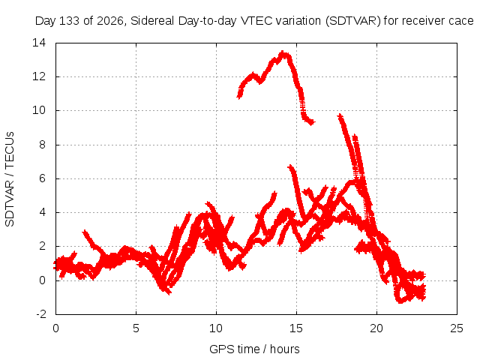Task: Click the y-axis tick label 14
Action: [39, 43]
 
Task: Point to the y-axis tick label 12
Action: [39, 76]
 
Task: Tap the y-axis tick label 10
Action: [39, 110]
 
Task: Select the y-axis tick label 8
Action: [42, 145]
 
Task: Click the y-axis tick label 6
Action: [42, 178]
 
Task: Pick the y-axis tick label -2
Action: [41, 314]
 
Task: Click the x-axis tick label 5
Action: [136, 328]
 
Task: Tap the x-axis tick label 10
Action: [216, 328]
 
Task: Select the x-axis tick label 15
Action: [296, 328]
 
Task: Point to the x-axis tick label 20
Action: [376, 328]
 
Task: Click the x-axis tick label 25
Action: [457, 328]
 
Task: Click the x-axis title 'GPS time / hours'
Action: [254, 349]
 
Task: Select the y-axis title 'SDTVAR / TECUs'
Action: [10, 179]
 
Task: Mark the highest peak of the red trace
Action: [283, 52]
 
